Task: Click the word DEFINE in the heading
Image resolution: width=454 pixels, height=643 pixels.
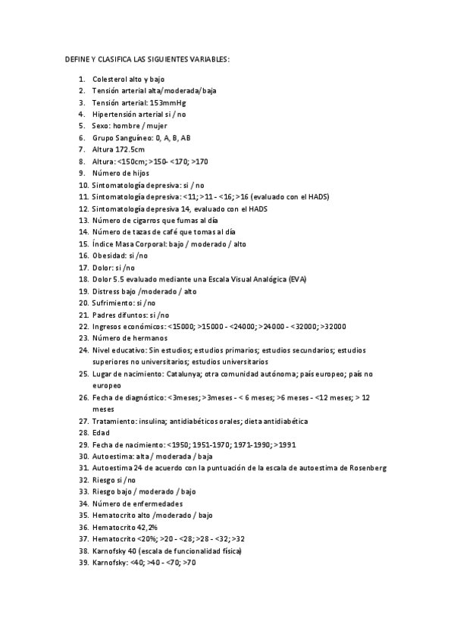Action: pos(77,59)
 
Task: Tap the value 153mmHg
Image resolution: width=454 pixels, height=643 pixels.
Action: pos(168,102)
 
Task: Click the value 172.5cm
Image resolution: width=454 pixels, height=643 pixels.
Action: pos(129,149)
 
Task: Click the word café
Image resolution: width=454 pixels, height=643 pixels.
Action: pos(162,232)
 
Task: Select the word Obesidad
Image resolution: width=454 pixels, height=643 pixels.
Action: pos(109,256)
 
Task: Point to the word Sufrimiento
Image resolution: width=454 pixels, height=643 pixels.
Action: pos(112,303)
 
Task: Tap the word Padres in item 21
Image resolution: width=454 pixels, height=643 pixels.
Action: pos(104,315)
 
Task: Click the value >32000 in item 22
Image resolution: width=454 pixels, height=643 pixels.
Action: pos(333,326)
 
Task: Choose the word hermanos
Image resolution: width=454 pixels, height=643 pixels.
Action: pos(150,338)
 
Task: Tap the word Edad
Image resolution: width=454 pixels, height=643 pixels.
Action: pos(100,432)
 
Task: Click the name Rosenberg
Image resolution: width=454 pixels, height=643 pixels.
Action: pos(368,468)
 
